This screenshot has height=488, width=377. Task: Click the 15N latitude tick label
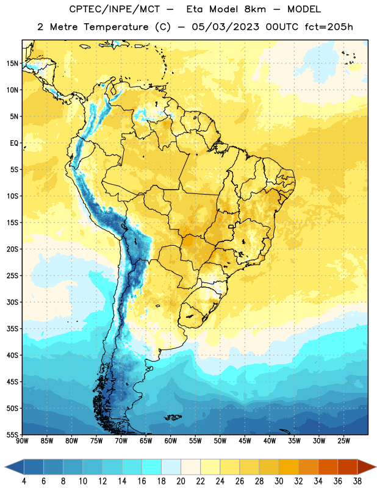tap(12, 63)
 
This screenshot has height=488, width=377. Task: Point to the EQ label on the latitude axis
tap(14, 143)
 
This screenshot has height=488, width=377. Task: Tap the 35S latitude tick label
tap(12, 329)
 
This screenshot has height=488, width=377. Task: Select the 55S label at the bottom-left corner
tap(12, 435)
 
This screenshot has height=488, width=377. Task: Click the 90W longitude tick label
tap(22, 441)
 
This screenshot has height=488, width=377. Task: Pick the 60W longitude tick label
tap(171, 441)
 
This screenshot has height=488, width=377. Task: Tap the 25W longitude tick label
tap(344, 441)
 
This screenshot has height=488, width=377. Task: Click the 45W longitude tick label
tap(245, 441)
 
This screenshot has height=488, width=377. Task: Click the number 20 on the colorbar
tap(181, 481)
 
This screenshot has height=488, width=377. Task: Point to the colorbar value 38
tap(357, 481)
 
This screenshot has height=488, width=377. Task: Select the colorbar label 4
tap(24, 481)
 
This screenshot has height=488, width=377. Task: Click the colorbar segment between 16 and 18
tap(152, 467)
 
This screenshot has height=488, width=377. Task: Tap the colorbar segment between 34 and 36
tap(328, 467)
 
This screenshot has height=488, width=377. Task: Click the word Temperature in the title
tap(116, 27)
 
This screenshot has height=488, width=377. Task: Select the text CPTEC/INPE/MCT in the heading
tap(114, 9)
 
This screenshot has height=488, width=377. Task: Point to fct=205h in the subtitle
tap(329, 27)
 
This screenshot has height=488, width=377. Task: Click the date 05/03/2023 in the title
tap(225, 27)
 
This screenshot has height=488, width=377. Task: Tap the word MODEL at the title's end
tap(304, 9)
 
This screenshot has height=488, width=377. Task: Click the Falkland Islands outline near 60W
tap(173, 417)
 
